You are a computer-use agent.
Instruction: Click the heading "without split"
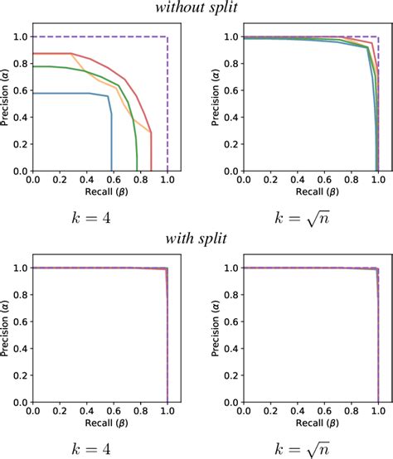coord(196,9)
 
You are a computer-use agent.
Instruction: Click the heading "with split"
coord(196,240)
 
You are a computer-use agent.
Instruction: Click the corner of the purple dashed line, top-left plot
coord(167,36)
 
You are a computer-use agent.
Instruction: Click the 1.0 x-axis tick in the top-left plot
coord(167,178)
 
